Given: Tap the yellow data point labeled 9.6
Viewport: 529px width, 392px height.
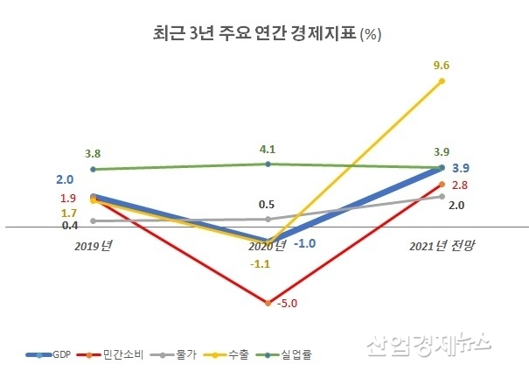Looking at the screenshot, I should point(442,81).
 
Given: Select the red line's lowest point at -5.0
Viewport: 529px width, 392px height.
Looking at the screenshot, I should point(268,303).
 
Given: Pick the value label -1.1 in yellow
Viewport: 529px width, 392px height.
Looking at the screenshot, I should point(260,262).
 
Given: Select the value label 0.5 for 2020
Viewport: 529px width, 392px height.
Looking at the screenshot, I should point(268,205).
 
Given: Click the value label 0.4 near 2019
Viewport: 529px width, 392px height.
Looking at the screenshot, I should point(70,225).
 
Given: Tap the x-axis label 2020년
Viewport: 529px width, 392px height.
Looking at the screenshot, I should point(268,247).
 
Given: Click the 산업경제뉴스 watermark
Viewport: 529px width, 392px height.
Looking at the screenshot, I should point(428,345).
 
